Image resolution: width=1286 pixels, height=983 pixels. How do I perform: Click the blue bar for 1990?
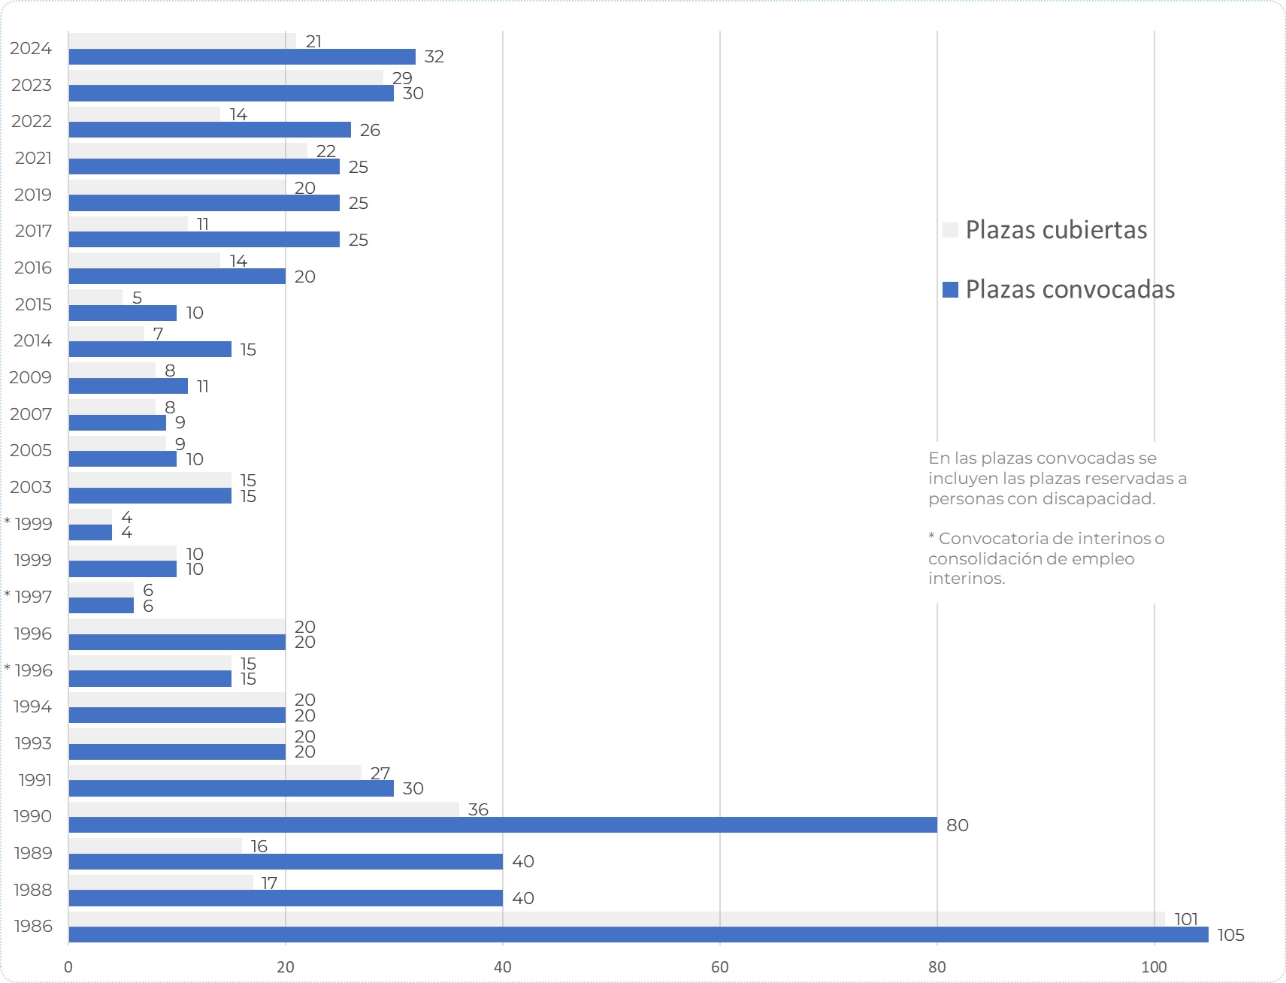coord(502,825)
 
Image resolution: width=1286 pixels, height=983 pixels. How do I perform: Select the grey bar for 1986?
coord(616,919)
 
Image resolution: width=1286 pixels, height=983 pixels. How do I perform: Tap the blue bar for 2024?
coord(242,56)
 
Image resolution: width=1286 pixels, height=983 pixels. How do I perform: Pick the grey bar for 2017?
coord(128,224)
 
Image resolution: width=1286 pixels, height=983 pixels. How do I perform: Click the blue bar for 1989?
coord(286,861)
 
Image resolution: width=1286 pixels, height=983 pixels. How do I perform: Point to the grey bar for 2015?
coord(95,298)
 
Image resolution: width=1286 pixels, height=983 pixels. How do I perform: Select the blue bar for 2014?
coord(150,349)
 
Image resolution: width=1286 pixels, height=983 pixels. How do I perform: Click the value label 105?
coord(1230,935)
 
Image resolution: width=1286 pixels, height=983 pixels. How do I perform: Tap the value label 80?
coord(957,825)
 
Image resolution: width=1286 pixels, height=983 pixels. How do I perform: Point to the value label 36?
coord(478,809)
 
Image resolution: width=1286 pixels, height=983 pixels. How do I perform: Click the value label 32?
coord(434,56)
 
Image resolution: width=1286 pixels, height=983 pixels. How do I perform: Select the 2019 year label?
coord(33,195)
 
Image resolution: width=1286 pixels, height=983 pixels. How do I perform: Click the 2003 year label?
coord(31,487)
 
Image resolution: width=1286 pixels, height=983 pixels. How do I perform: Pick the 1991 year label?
coord(35,780)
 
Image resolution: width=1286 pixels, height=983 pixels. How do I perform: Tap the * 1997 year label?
coord(29,597)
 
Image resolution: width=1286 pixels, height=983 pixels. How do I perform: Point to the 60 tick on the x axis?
coord(719,967)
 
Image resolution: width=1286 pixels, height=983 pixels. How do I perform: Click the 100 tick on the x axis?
coord(1154,967)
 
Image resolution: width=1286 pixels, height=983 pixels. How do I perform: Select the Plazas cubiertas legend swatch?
coord(950,230)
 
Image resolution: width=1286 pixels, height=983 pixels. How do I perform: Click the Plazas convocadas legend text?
coord(1070,289)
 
